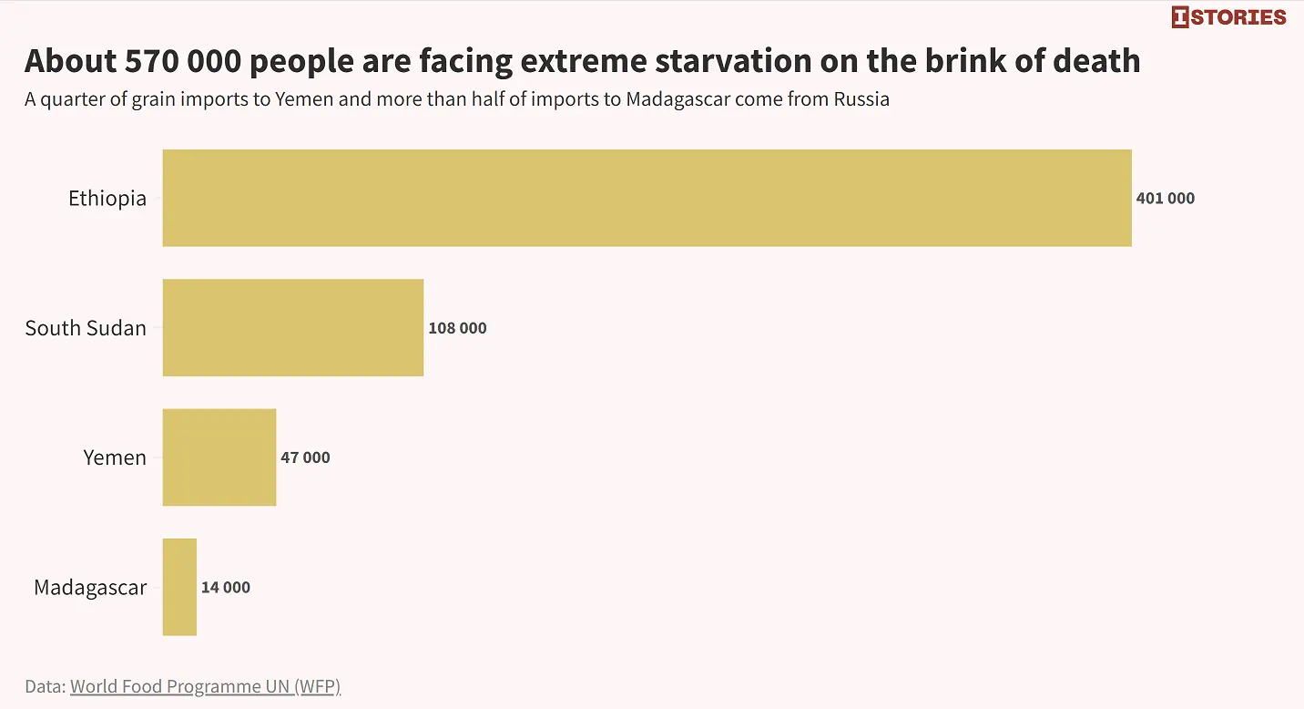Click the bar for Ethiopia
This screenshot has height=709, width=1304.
pyautogui.click(x=647, y=198)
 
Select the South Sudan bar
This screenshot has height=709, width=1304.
pyautogui.click(x=293, y=327)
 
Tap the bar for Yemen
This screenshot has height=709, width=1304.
pyautogui.click(x=219, y=457)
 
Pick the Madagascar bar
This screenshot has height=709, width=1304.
pyautogui.click(x=180, y=587)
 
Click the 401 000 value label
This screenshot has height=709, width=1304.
pyautogui.click(x=1166, y=198)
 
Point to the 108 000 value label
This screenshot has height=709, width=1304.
pyautogui.click(x=457, y=328)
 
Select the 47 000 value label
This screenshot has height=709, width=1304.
pyautogui.click(x=306, y=457)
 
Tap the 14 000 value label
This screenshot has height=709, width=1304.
pyautogui.click(x=226, y=587)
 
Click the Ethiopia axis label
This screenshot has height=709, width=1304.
pyautogui.click(x=107, y=199)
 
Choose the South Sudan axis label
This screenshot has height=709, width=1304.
pyautogui.click(x=86, y=328)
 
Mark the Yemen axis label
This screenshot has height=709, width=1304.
pyautogui.click(x=115, y=457)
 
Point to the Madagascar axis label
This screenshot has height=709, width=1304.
pyautogui.click(x=90, y=588)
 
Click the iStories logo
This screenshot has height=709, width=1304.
pyautogui.click(x=1229, y=17)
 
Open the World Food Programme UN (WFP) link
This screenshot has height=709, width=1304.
pyautogui.click(x=206, y=686)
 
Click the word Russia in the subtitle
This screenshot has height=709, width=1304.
pyautogui.click(x=861, y=99)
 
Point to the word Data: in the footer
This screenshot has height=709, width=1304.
pyautogui.click(x=46, y=686)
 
